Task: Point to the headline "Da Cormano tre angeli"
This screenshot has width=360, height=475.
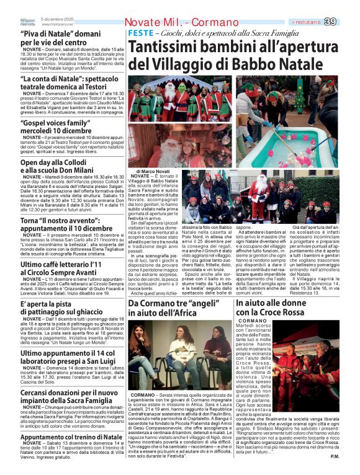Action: click(x=180, y=308)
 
